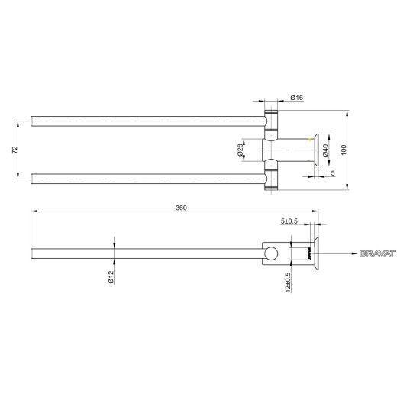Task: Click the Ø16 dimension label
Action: tap(297, 98)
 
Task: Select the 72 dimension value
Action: tap(15, 150)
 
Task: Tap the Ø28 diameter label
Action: tap(240, 150)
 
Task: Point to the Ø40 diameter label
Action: tap(325, 150)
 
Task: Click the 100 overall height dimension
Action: tap(344, 150)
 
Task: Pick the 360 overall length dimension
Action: tap(181, 208)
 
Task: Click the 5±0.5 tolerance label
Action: tap(289, 221)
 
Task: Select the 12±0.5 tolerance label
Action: tap(288, 282)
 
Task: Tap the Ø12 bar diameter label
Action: tap(111, 277)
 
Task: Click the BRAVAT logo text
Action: tap(378, 253)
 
